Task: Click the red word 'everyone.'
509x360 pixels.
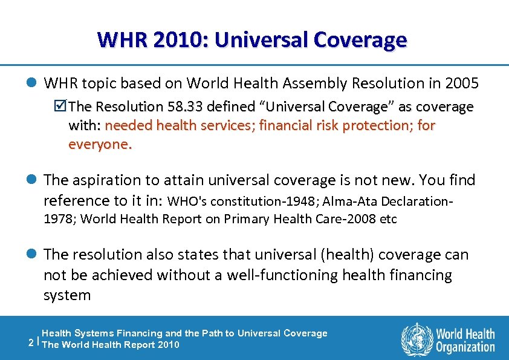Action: pyautogui.click(x=100, y=145)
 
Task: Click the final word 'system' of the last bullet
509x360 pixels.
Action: pyautogui.click(x=67, y=295)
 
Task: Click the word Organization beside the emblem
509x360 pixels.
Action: pyautogui.click(x=466, y=347)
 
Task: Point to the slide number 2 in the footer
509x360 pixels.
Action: pyautogui.click(x=31, y=341)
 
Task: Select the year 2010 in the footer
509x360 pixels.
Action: pyautogui.click(x=167, y=345)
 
